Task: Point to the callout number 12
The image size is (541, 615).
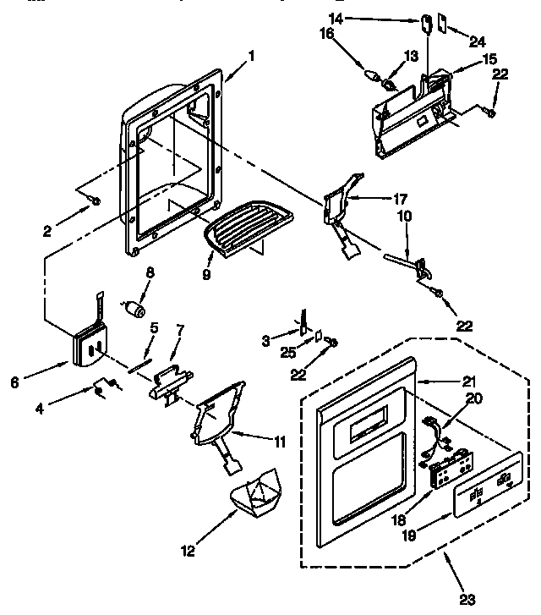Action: [188, 551]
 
